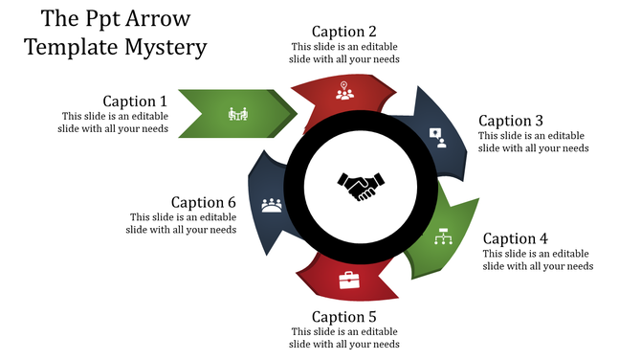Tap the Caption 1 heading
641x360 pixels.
click(135, 101)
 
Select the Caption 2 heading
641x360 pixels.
click(343, 32)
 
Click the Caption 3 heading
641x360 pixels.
click(511, 121)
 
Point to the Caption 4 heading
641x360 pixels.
click(515, 238)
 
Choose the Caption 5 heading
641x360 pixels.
click(343, 317)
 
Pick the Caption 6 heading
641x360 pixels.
click(203, 202)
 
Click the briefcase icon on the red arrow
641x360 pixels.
click(349, 280)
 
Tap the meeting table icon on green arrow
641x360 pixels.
click(238, 114)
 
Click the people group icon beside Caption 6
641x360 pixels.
click(272, 204)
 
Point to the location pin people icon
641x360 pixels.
click(344, 91)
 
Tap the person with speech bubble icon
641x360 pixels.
click(438, 136)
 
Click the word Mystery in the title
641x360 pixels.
click(164, 45)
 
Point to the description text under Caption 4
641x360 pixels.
click(537, 259)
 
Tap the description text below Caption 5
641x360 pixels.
click(343, 338)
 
